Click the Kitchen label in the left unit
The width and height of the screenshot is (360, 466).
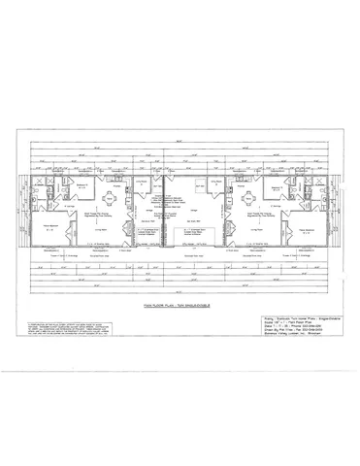(120, 181)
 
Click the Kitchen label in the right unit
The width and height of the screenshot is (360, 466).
(239, 181)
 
